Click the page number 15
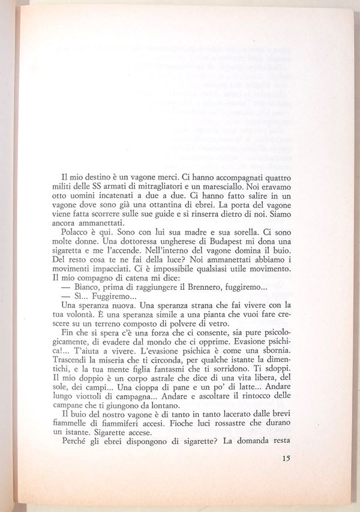286,459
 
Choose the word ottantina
173,209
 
